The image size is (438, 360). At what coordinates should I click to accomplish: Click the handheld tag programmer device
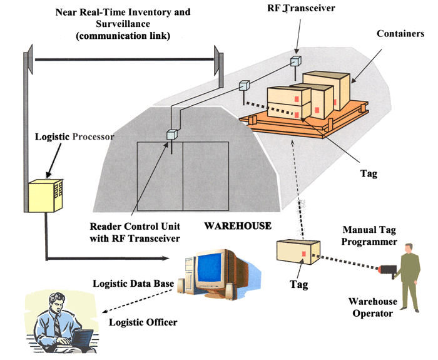tap(389, 270)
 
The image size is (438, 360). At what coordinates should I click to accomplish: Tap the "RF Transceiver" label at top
tap(292, 8)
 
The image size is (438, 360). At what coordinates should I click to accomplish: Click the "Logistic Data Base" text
tap(132, 284)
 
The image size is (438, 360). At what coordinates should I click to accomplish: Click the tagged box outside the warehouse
tap(298, 254)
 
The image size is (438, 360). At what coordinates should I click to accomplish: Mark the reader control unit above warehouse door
tap(171, 134)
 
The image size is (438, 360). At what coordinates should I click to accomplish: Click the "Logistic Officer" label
tap(143, 322)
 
